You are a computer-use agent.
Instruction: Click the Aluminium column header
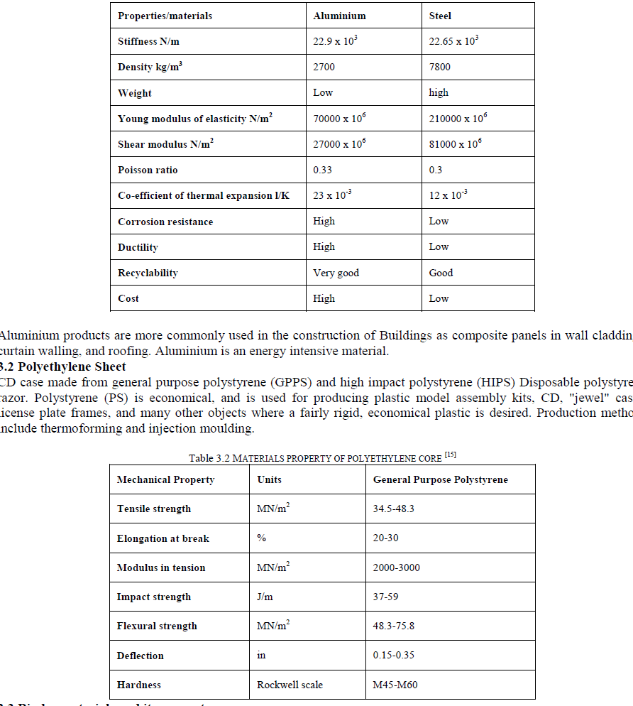tap(339, 16)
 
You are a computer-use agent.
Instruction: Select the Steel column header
tap(440, 16)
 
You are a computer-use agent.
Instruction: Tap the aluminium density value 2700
tap(324, 67)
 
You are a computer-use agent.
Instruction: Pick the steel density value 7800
tap(439, 67)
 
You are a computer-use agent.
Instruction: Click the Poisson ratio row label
tap(148, 170)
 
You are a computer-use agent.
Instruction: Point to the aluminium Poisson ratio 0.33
tap(322, 170)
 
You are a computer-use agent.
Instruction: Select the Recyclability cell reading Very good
tap(336, 273)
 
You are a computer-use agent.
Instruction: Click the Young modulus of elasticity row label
tap(196, 119)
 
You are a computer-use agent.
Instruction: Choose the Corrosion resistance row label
tap(165, 222)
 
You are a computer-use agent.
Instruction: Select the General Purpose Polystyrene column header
tap(441, 480)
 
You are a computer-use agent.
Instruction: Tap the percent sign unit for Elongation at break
tap(261, 538)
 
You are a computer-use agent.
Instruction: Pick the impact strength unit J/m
tap(265, 597)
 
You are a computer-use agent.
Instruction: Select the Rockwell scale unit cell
tap(290, 685)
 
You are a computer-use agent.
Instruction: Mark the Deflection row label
tap(141, 656)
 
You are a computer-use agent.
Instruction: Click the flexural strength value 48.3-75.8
tap(393, 626)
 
